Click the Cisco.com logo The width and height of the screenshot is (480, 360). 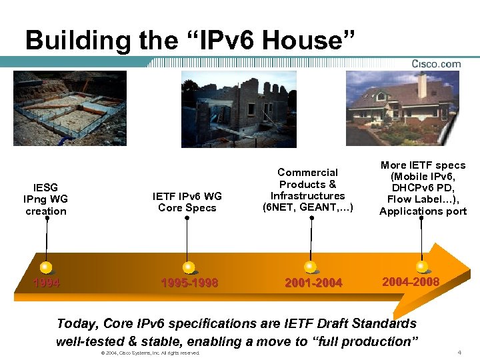pyautogui.click(x=436, y=64)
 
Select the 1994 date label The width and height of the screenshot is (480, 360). pyautogui.click(x=47, y=283)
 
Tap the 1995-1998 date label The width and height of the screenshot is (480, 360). pyautogui.click(x=189, y=283)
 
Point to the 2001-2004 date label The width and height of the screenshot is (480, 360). pyautogui.click(x=313, y=283)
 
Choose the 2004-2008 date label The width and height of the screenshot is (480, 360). pyautogui.click(x=411, y=282)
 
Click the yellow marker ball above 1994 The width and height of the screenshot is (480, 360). pyautogui.click(x=46, y=267)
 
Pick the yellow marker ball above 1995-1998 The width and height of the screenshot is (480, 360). pyautogui.click(x=189, y=267)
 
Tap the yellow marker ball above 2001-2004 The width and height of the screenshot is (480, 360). pyautogui.click(x=311, y=267)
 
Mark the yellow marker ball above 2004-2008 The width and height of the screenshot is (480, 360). pyautogui.click(x=421, y=267)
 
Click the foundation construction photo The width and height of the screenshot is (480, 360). pyautogui.click(x=69, y=108)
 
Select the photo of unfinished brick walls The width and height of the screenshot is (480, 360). pyautogui.click(x=239, y=109)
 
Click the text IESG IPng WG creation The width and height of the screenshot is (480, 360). pyautogui.click(x=46, y=199)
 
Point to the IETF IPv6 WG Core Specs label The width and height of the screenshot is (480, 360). pyautogui.click(x=187, y=201)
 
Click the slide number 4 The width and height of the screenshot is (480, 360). pyautogui.click(x=459, y=352)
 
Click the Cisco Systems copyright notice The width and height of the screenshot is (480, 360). pyautogui.click(x=150, y=353)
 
